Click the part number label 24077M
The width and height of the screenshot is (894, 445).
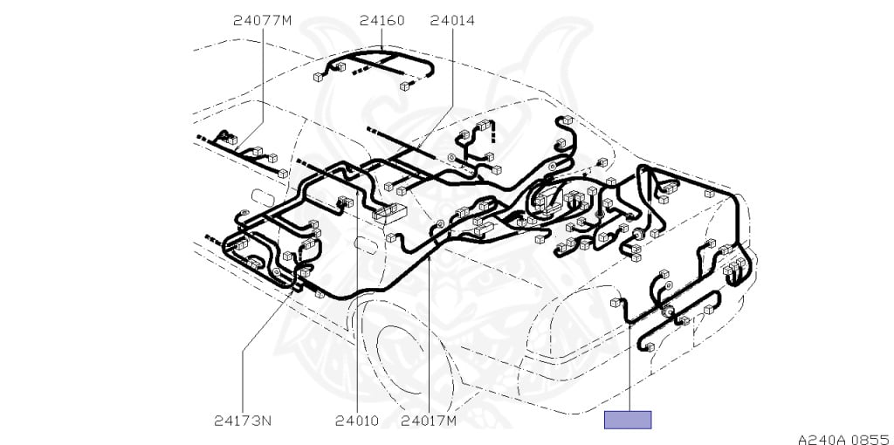(262, 21)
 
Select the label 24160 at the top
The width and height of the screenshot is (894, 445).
(382, 21)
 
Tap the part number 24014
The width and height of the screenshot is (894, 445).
(452, 21)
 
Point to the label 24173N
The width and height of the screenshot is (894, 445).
(243, 421)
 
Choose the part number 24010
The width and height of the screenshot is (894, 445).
(357, 421)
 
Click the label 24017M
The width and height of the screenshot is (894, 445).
(429, 421)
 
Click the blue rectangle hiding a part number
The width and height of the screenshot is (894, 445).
(628, 420)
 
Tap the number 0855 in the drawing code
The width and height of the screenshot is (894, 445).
(872, 439)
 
